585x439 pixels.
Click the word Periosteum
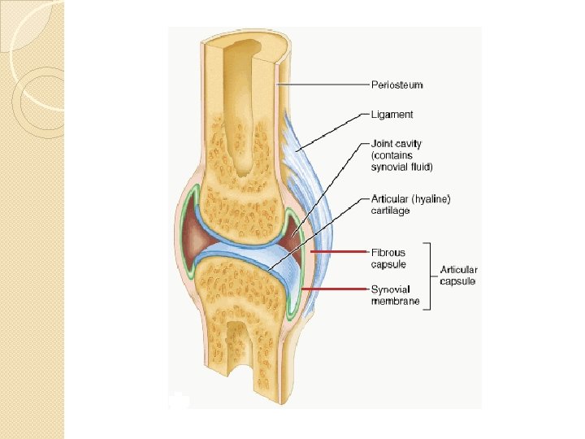pyautogui.click(x=396, y=85)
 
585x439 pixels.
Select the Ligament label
pyautogui.click(x=392, y=115)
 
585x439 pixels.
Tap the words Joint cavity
pyautogui.click(x=396, y=144)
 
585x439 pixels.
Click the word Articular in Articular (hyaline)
pyautogui.click(x=388, y=198)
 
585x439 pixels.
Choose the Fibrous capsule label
pyautogui.click(x=388, y=258)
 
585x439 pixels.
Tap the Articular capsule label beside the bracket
pyautogui.click(x=459, y=276)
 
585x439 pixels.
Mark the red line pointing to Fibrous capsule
pyautogui.click(x=333, y=253)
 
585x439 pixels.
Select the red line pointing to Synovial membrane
pyautogui.click(x=333, y=289)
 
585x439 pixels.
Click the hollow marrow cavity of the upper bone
pyautogui.click(x=244, y=106)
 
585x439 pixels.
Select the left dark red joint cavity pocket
pyautogui.click(x=193, y=232)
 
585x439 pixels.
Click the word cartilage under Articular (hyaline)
pyautogui.click(x=390, y=211)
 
